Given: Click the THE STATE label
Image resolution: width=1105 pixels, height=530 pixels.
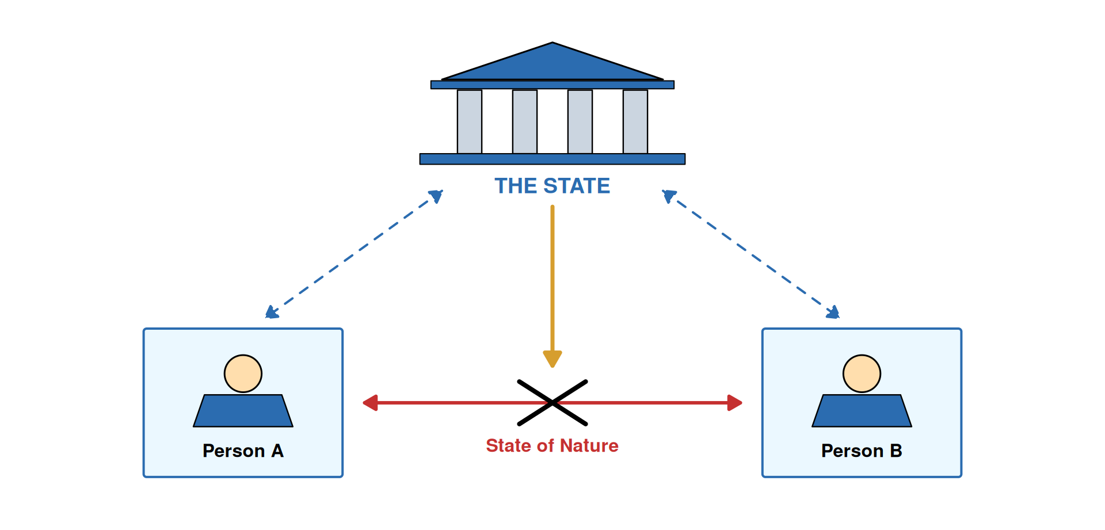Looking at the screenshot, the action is [552, 186].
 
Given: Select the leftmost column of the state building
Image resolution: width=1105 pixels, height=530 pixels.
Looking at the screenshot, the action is [470, 121].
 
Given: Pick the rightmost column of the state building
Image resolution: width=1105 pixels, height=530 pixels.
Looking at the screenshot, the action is [635, 121].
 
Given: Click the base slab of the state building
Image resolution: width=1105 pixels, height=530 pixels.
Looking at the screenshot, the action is [552, 159].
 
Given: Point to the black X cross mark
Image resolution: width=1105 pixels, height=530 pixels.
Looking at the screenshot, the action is [552, 403].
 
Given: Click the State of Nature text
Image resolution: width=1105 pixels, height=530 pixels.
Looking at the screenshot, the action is [552, 445].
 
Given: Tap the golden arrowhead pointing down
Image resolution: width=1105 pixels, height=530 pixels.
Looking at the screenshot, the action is [552, 359].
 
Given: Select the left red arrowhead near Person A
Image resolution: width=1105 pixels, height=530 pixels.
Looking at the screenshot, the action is [371, 403].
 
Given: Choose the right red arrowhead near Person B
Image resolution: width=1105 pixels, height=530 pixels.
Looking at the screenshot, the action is [734, 403].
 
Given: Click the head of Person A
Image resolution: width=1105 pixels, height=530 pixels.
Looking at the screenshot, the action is [243, 373].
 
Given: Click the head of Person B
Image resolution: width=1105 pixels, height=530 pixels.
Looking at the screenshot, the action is [862, 373].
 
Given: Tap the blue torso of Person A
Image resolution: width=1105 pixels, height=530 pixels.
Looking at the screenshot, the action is [243, 411].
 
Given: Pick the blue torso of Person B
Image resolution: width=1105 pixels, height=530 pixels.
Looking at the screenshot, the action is [862, 411].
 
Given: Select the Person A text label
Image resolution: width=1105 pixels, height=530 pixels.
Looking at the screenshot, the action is [243, 451].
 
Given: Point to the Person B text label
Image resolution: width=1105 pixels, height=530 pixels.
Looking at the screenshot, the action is [862, 451].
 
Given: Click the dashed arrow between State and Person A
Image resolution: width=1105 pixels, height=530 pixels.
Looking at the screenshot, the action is [354, 254].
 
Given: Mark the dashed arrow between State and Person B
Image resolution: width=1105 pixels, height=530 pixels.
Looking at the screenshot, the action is [751, 254].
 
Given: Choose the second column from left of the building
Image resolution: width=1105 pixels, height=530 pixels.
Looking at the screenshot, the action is [525, 121].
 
